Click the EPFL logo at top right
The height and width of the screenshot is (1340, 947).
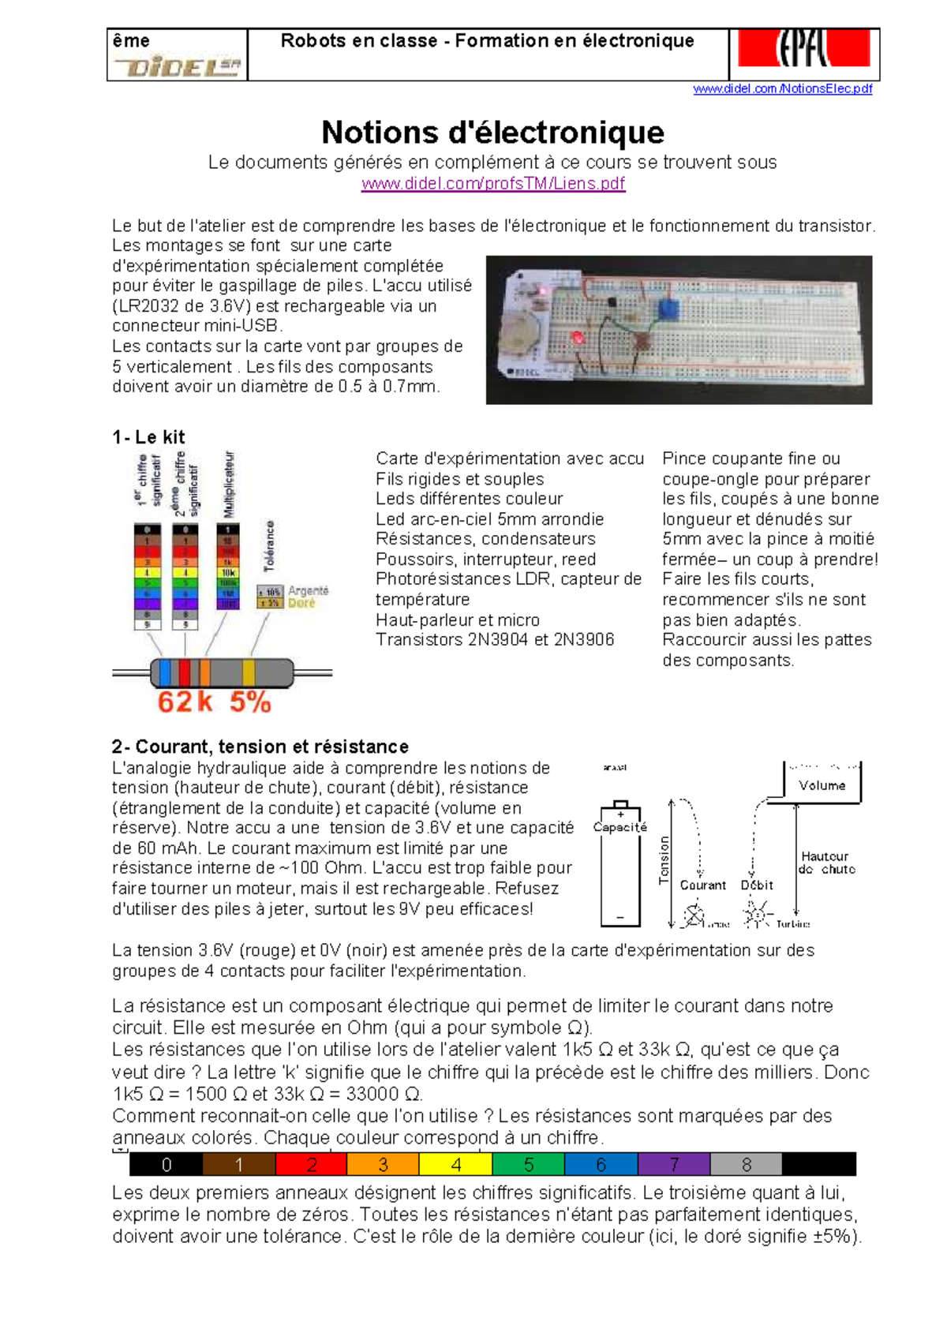(803, 49)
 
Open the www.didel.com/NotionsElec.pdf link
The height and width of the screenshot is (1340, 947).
(782, 88)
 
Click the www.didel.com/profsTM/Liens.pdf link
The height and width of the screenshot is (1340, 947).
(492, 184)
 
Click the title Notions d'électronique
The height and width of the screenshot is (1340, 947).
(492, 132)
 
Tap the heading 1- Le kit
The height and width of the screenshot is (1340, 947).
(148, 437)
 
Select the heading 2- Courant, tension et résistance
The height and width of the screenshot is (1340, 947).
(260, 747)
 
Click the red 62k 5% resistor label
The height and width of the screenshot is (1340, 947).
(214, 702)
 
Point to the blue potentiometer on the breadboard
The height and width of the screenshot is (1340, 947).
(669, 309)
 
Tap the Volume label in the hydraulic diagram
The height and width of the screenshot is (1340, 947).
(822, 785)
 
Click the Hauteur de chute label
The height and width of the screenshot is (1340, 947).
(825, 863)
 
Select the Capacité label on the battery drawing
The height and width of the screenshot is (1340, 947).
(619, 827)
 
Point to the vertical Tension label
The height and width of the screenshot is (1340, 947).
(664, 859)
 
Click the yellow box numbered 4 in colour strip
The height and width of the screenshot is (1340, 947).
(455, 1165)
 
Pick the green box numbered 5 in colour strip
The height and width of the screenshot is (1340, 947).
(528, 1165)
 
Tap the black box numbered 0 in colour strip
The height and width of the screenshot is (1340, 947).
(166, 1165)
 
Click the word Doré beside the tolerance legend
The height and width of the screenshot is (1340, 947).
(301, 603)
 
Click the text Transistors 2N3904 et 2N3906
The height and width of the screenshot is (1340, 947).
(494, 640)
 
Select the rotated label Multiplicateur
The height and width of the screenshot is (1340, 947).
(229, 484)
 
